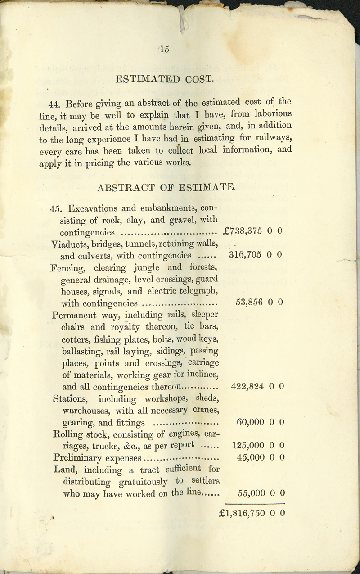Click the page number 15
point(164,50)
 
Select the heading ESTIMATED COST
point(164,79)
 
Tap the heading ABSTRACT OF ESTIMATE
point(166,187)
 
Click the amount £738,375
point(243,232)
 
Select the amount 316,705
point(246,255)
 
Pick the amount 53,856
point(249,302)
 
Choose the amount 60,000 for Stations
point(250,422)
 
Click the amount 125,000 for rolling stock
point(247,445)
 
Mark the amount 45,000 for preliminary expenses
point(250,457)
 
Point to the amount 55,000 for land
point(250,493)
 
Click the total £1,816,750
point(243,513)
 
